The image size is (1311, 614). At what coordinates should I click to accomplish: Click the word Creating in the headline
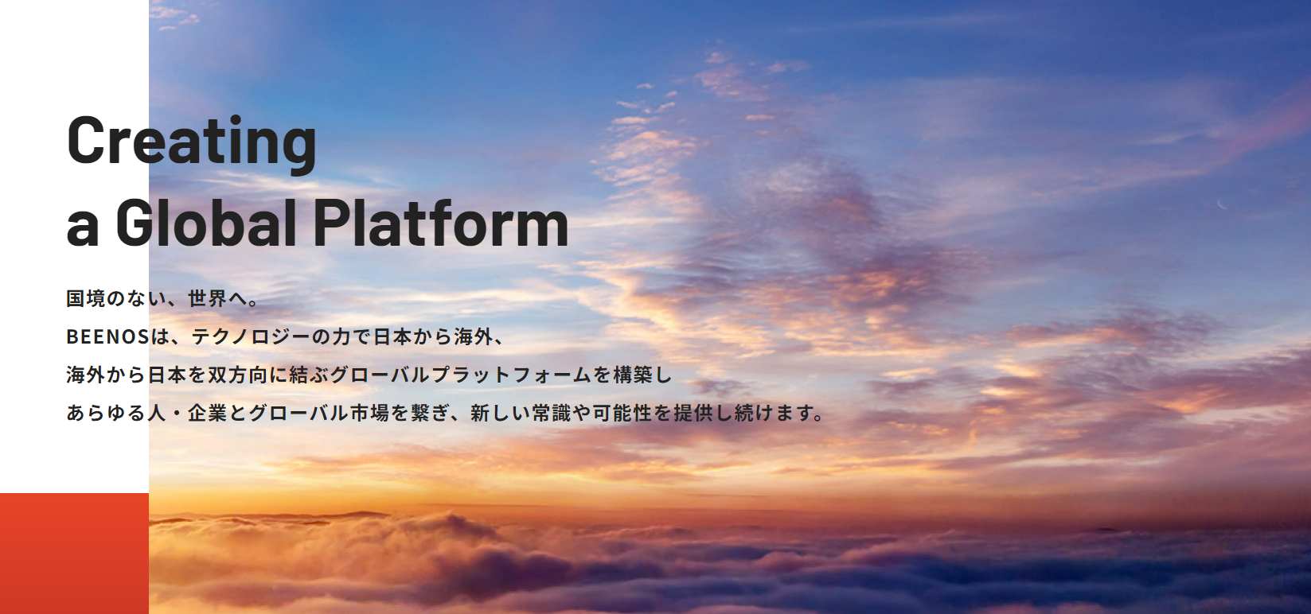click(x=192, y=144)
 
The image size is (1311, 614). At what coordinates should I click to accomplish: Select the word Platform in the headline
click(x=441, y=223)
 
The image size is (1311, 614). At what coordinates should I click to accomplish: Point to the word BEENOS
click(x=108, y=336)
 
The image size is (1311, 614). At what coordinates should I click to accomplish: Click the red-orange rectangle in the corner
click(x=74, y=554)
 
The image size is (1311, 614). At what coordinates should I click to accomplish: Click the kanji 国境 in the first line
click(x=85, y=299)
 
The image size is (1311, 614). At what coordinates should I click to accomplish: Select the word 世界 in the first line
click(x=207, y=299)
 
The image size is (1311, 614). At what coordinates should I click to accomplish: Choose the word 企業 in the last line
click(x=207, y=413)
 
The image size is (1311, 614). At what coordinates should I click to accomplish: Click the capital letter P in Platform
click(x=330, y=223)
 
